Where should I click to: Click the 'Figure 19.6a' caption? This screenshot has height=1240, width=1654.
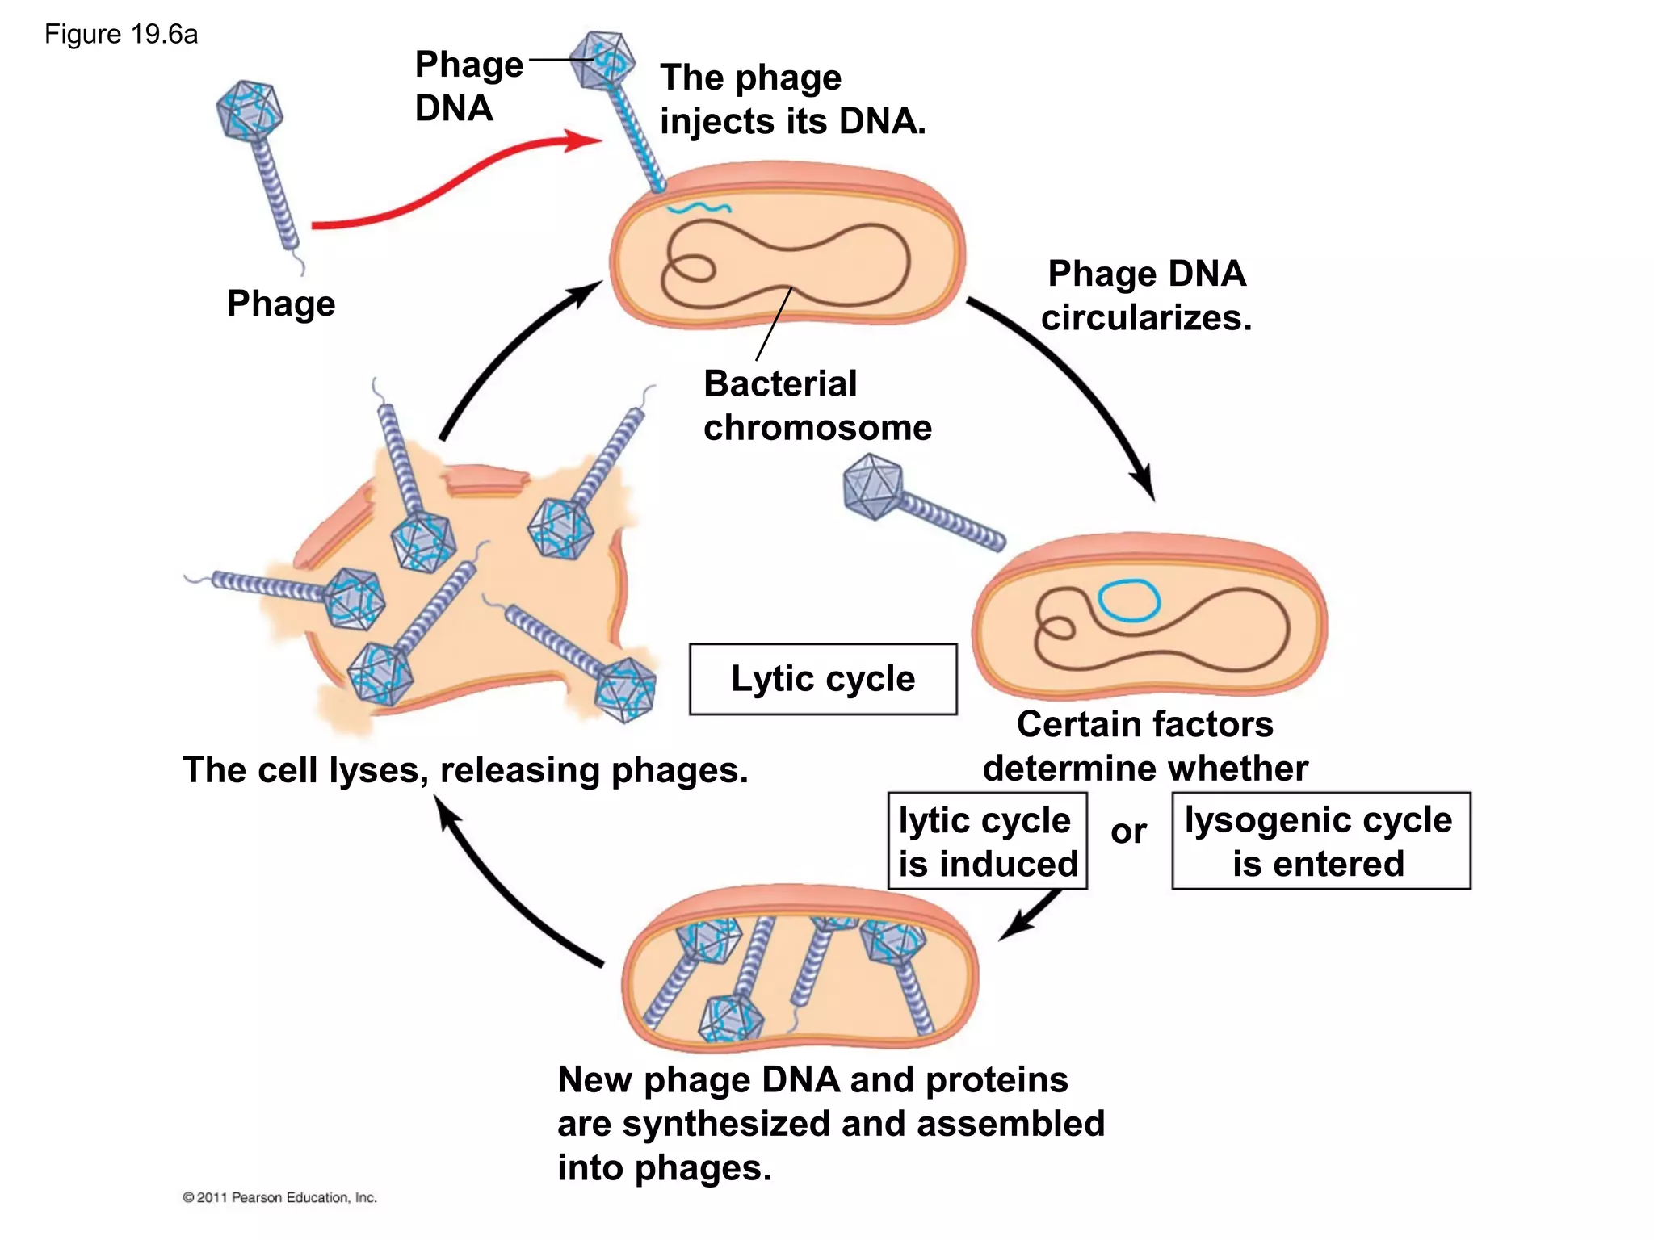(121, 35)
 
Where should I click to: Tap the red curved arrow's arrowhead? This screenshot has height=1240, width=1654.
(586, 140)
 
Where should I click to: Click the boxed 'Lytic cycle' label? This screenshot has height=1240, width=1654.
(823, 679)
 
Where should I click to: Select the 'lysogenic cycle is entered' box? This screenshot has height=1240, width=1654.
(1320, 841)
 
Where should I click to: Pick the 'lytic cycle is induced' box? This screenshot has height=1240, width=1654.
(987, 841)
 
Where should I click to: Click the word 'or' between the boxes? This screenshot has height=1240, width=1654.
(1128, 832)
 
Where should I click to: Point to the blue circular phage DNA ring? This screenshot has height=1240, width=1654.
(1129, 601)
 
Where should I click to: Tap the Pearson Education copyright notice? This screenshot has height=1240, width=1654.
(279, 1197)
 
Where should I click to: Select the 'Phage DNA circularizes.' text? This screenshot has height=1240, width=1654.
(1146, 295)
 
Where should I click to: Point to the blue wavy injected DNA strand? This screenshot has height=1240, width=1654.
(699, 208)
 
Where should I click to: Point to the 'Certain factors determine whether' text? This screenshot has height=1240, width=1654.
(1144, 746)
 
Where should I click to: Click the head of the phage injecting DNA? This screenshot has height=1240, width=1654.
(602, 61)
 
